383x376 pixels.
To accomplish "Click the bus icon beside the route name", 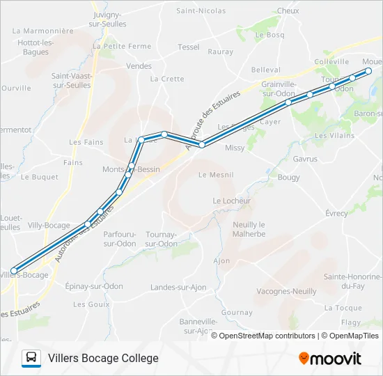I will [31, 359].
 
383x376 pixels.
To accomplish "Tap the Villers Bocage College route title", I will [103, 359].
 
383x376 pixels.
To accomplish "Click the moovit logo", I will [330, 359].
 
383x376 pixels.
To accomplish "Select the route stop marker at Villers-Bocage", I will [14, 271].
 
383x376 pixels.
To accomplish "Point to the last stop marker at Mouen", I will [368, 71].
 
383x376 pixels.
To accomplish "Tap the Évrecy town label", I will [336, 214].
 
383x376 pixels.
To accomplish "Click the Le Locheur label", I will [231, 201].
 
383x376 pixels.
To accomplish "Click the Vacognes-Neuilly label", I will [286, 291].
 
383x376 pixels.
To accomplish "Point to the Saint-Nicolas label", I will [201, 11].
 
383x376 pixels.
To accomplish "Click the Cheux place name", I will [288, 11].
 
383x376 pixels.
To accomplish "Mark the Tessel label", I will [188, 47].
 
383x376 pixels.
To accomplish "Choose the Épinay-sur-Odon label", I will [93, 286].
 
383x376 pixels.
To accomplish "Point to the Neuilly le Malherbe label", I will [249, 229].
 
